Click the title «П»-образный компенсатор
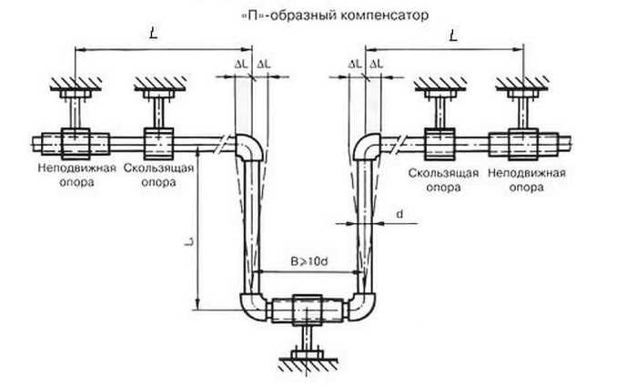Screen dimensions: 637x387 click(x=335, y=15)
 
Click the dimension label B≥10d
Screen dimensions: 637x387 click(x=309, y=261)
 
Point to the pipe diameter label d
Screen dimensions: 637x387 click(x=400, y=214)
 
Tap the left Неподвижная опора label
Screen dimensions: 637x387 click(x=77, y=175)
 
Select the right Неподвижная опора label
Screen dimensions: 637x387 click(x=527, y=180)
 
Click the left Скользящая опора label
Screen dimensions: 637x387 click(x=159, y=175)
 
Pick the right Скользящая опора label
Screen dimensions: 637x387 click(x=443, y=180)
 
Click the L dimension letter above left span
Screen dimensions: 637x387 click(x=154, y=34)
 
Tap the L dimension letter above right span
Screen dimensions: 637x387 click(x=453, y=36)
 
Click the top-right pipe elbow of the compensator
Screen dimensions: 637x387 click(x=367, y=148)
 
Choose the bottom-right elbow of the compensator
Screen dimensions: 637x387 click(x=363, y=307)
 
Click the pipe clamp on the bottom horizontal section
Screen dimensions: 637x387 click(x=308, y=310)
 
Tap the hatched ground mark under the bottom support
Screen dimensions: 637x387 click(x=308, y=363)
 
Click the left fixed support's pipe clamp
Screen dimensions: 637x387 click(x=76, y=144)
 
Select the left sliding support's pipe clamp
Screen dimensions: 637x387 click(x=159, y=144)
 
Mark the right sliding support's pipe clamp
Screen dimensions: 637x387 click(x=440, y=144)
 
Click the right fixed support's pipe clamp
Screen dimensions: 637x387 click(x=523, y=144)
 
